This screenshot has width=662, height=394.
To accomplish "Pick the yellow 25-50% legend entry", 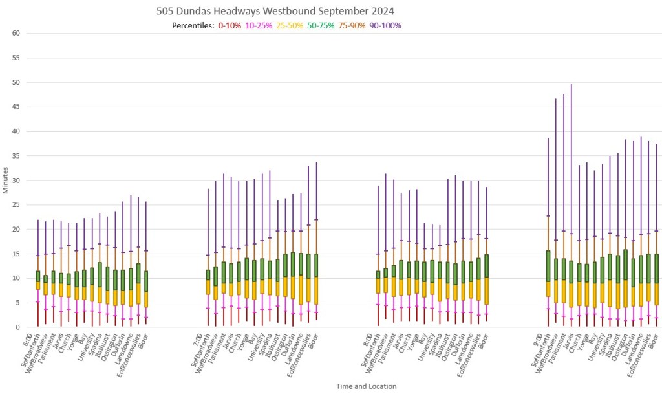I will (x=291, y=26).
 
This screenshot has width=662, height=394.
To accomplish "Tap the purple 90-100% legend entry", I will (x=386, y=26).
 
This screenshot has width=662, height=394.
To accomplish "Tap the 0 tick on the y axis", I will (x=19, y=327).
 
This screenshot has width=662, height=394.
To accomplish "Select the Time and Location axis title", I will (x=366, y=386).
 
